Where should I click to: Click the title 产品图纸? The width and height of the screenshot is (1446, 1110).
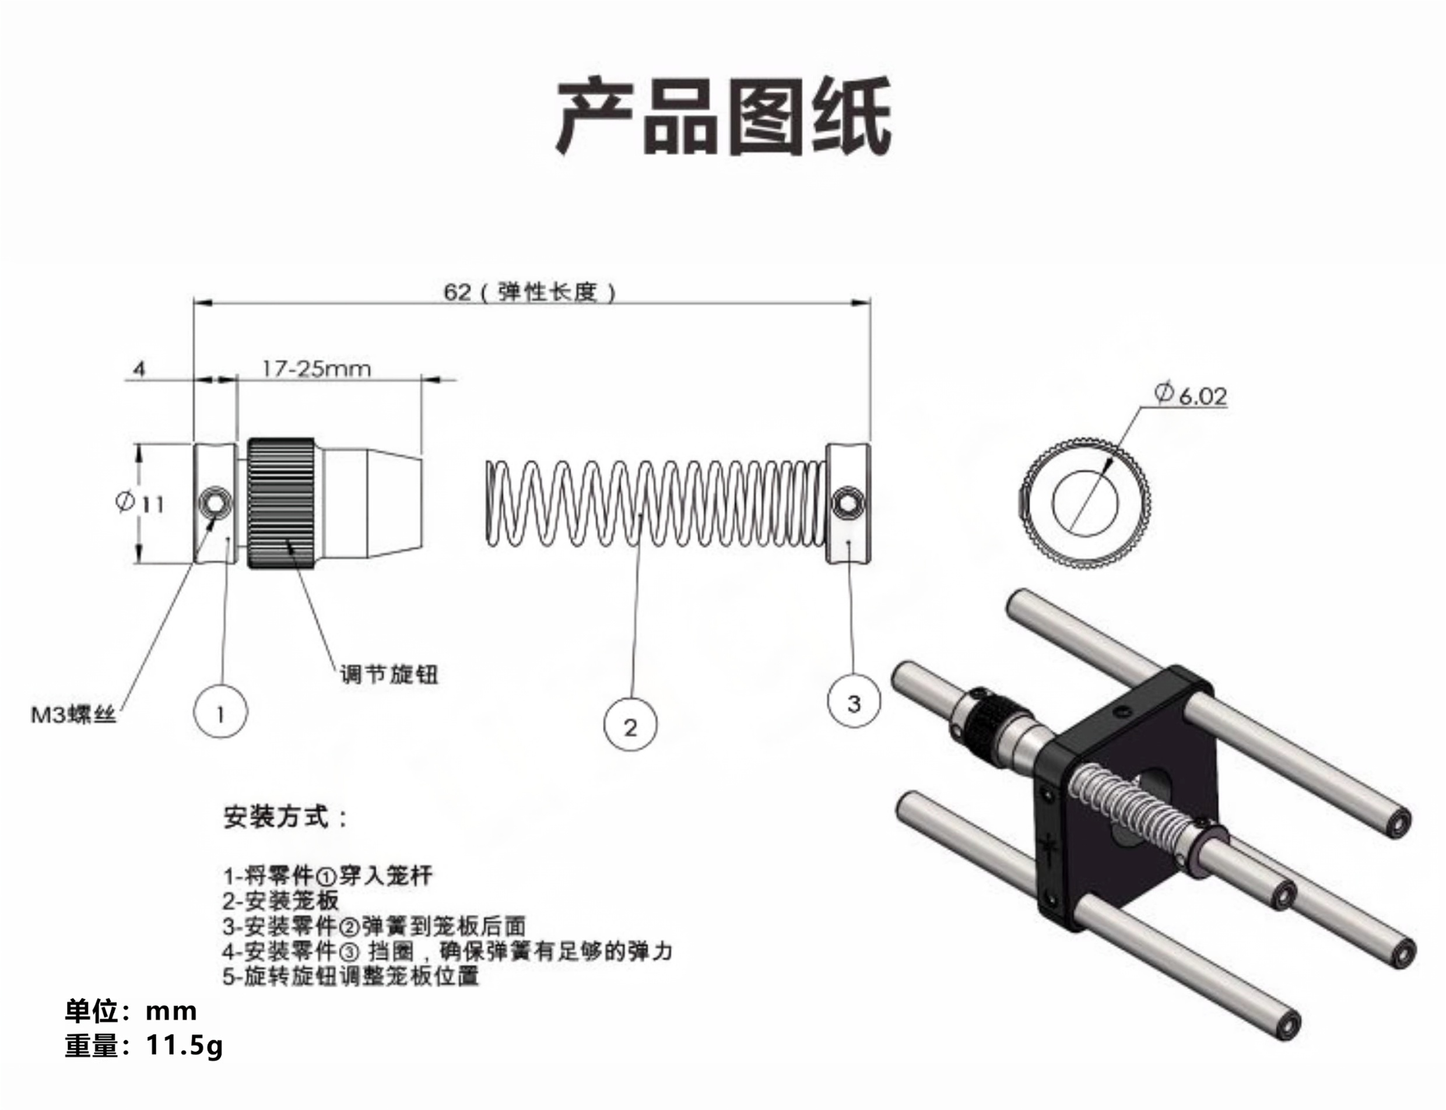pos(723,116)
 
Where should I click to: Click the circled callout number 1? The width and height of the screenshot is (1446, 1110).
pos(220,713)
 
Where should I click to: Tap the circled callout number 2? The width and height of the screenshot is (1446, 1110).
pos(630,727)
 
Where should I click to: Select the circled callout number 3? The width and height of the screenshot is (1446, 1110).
pos(853,703)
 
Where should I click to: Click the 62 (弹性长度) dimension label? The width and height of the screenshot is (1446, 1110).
pos(529,291)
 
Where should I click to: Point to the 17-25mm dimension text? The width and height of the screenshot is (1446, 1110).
pos(317,368)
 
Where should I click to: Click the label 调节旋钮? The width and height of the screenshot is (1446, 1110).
pos(388,675)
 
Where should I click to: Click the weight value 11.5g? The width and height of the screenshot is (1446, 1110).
pos(184,1045)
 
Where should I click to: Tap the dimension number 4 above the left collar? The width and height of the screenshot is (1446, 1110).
pos(139,368)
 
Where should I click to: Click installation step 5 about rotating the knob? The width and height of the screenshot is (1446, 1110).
pos(350,976)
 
